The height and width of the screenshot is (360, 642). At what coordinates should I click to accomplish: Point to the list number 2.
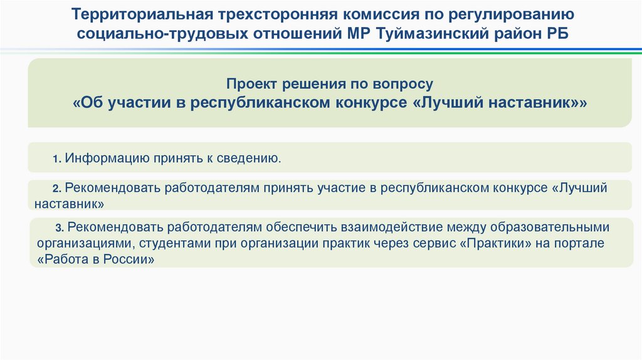pos(55,189)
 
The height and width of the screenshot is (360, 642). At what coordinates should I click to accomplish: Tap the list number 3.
pos(59,227)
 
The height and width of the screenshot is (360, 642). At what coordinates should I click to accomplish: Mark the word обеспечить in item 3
pos(303,226)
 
